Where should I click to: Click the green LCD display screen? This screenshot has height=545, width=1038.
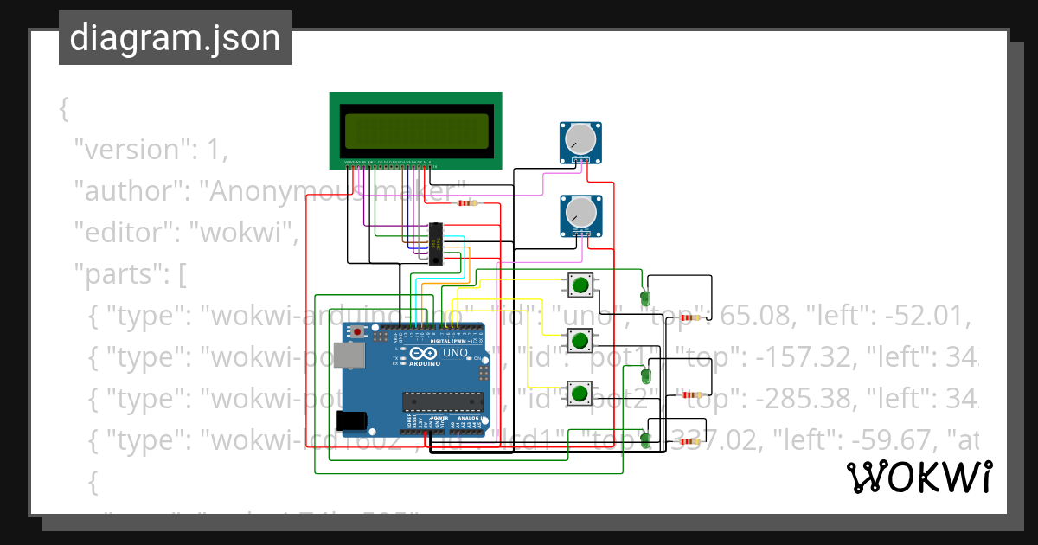click(415, 131)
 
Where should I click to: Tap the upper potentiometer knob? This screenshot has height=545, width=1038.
click(580, 138)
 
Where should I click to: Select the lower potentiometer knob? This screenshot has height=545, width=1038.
click(580, 211)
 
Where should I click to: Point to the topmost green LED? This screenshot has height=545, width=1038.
click(645, 298)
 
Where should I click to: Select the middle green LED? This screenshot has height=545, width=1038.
click(645, 376)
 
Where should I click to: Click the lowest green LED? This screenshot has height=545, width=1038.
click(645, 440)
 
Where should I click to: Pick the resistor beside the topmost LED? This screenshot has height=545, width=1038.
click(688, 318)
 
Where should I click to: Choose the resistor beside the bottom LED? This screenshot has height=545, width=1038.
click(688, 442)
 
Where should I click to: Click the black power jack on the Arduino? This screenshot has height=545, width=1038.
click(354, 420)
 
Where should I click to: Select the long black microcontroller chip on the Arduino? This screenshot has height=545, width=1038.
click(441, 400)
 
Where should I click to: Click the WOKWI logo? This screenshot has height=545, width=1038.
click(919, 477)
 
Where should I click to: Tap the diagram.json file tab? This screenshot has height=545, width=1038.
click(175, 38)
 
